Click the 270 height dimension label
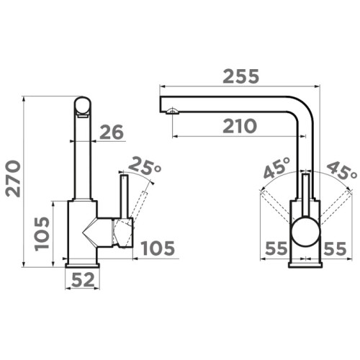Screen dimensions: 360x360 click(14, 179)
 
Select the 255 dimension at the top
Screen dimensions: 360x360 click(241, 76)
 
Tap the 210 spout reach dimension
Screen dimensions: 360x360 click(240, 126)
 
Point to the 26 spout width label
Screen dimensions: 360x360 click(112, 132)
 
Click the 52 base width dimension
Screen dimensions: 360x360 click(83, 280)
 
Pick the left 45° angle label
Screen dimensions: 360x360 click(276, 168)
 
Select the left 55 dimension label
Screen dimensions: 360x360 click(276, 248)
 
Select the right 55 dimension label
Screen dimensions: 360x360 click(335, 248)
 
